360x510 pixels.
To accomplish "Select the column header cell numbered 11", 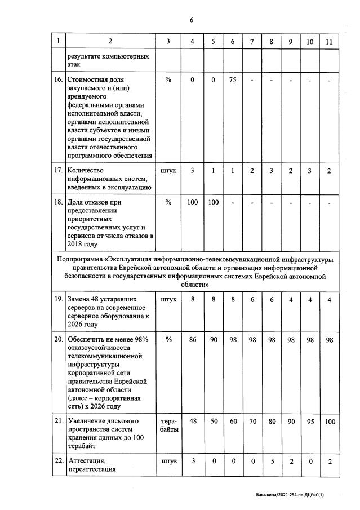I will coord(328,41).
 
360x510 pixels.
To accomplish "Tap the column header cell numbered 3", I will coord(168,41).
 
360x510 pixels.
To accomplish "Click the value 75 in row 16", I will coord(233,80).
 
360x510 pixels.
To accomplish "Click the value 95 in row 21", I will coord(309,422).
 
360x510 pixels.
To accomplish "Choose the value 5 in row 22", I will coord(271,461).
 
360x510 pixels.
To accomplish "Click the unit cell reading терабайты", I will coord(168,425).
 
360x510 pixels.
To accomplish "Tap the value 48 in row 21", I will coord(193,422).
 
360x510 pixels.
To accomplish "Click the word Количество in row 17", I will coord(86,171).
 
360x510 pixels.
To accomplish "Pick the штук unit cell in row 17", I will coord(168,171).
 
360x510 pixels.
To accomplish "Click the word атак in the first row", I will coord(74,65).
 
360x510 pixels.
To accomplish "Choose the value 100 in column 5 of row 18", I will coord(213,202).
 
